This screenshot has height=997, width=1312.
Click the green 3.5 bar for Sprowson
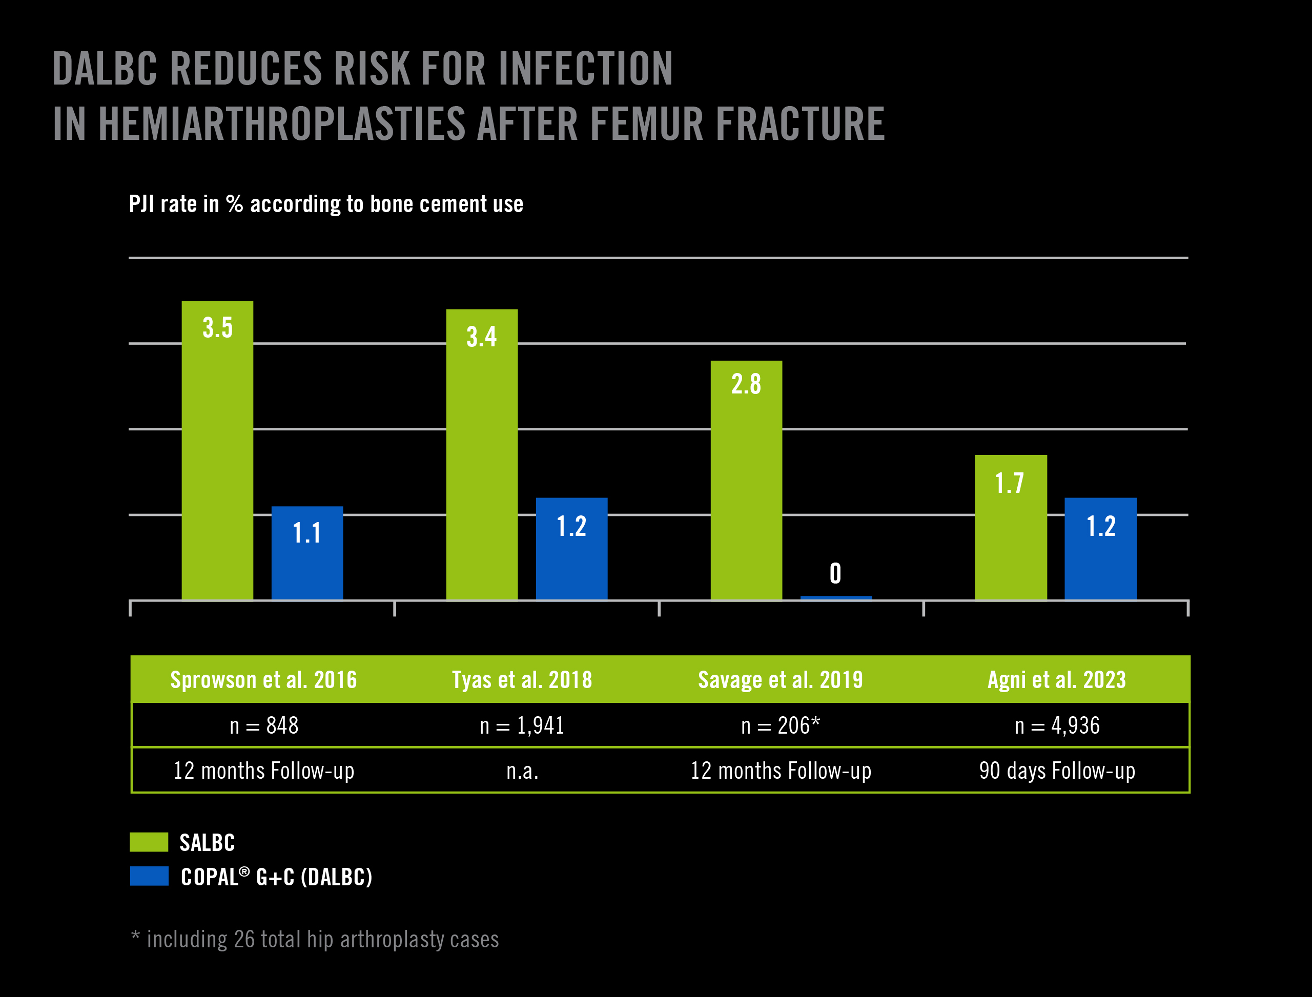(x=217, y=451)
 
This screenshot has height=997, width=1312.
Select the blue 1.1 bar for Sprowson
(x=307, y=553)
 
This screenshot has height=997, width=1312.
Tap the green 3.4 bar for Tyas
(x=481, y=454)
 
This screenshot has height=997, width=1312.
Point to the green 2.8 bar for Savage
(x=746, y=481)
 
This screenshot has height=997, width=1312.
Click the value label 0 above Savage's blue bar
(x=835, y=573)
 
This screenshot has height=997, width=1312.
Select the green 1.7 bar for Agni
(x=1011, y=528)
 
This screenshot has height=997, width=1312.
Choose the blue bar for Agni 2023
(x=1101, y=549)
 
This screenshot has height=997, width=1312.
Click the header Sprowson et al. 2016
(x=263, y=679)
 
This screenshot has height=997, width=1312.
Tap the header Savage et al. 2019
(x=780, y=679)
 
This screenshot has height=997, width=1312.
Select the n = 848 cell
(x=263, y=725)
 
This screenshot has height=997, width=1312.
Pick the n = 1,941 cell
(x=522, y=725)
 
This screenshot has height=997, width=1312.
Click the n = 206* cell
(x=780, y=725)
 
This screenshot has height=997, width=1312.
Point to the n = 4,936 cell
(x=1057, y=725)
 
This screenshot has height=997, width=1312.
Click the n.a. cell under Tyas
(x=522, y=771)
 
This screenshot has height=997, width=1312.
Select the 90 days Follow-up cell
(x=1057, y=771)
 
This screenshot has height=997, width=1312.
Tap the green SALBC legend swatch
(x=149, y=842)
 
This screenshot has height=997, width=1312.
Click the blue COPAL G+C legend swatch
(x=149, y=876)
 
